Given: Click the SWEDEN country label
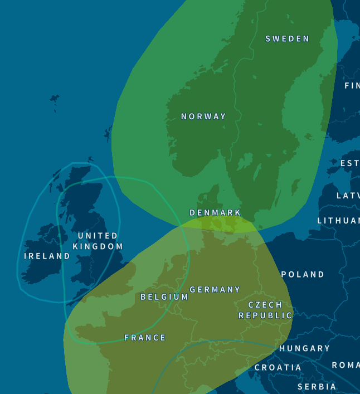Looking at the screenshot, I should [287, 38].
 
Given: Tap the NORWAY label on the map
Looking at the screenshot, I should [203, 116].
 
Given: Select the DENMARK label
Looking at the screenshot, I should [215, 213].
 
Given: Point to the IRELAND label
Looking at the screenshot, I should [47, 256].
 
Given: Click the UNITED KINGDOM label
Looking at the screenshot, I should [98, 241].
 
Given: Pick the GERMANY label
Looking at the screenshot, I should [215, 290].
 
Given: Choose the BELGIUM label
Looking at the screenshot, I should [164, 297].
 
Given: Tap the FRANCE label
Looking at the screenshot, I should [145, 338].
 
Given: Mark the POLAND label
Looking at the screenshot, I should [303, 275].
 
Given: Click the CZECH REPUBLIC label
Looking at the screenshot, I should [265, 310].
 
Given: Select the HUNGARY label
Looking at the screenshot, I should [304, 348].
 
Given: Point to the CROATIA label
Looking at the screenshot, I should [278, 368].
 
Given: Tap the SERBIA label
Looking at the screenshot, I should [317, 387].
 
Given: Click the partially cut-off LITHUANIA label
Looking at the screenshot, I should [338, 221].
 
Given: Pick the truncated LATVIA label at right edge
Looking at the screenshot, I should [348, 196].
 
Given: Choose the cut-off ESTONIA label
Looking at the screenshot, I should [349, 163].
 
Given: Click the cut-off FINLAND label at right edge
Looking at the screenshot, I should [352, 86].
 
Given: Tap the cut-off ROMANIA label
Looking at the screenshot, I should [346, 365].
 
